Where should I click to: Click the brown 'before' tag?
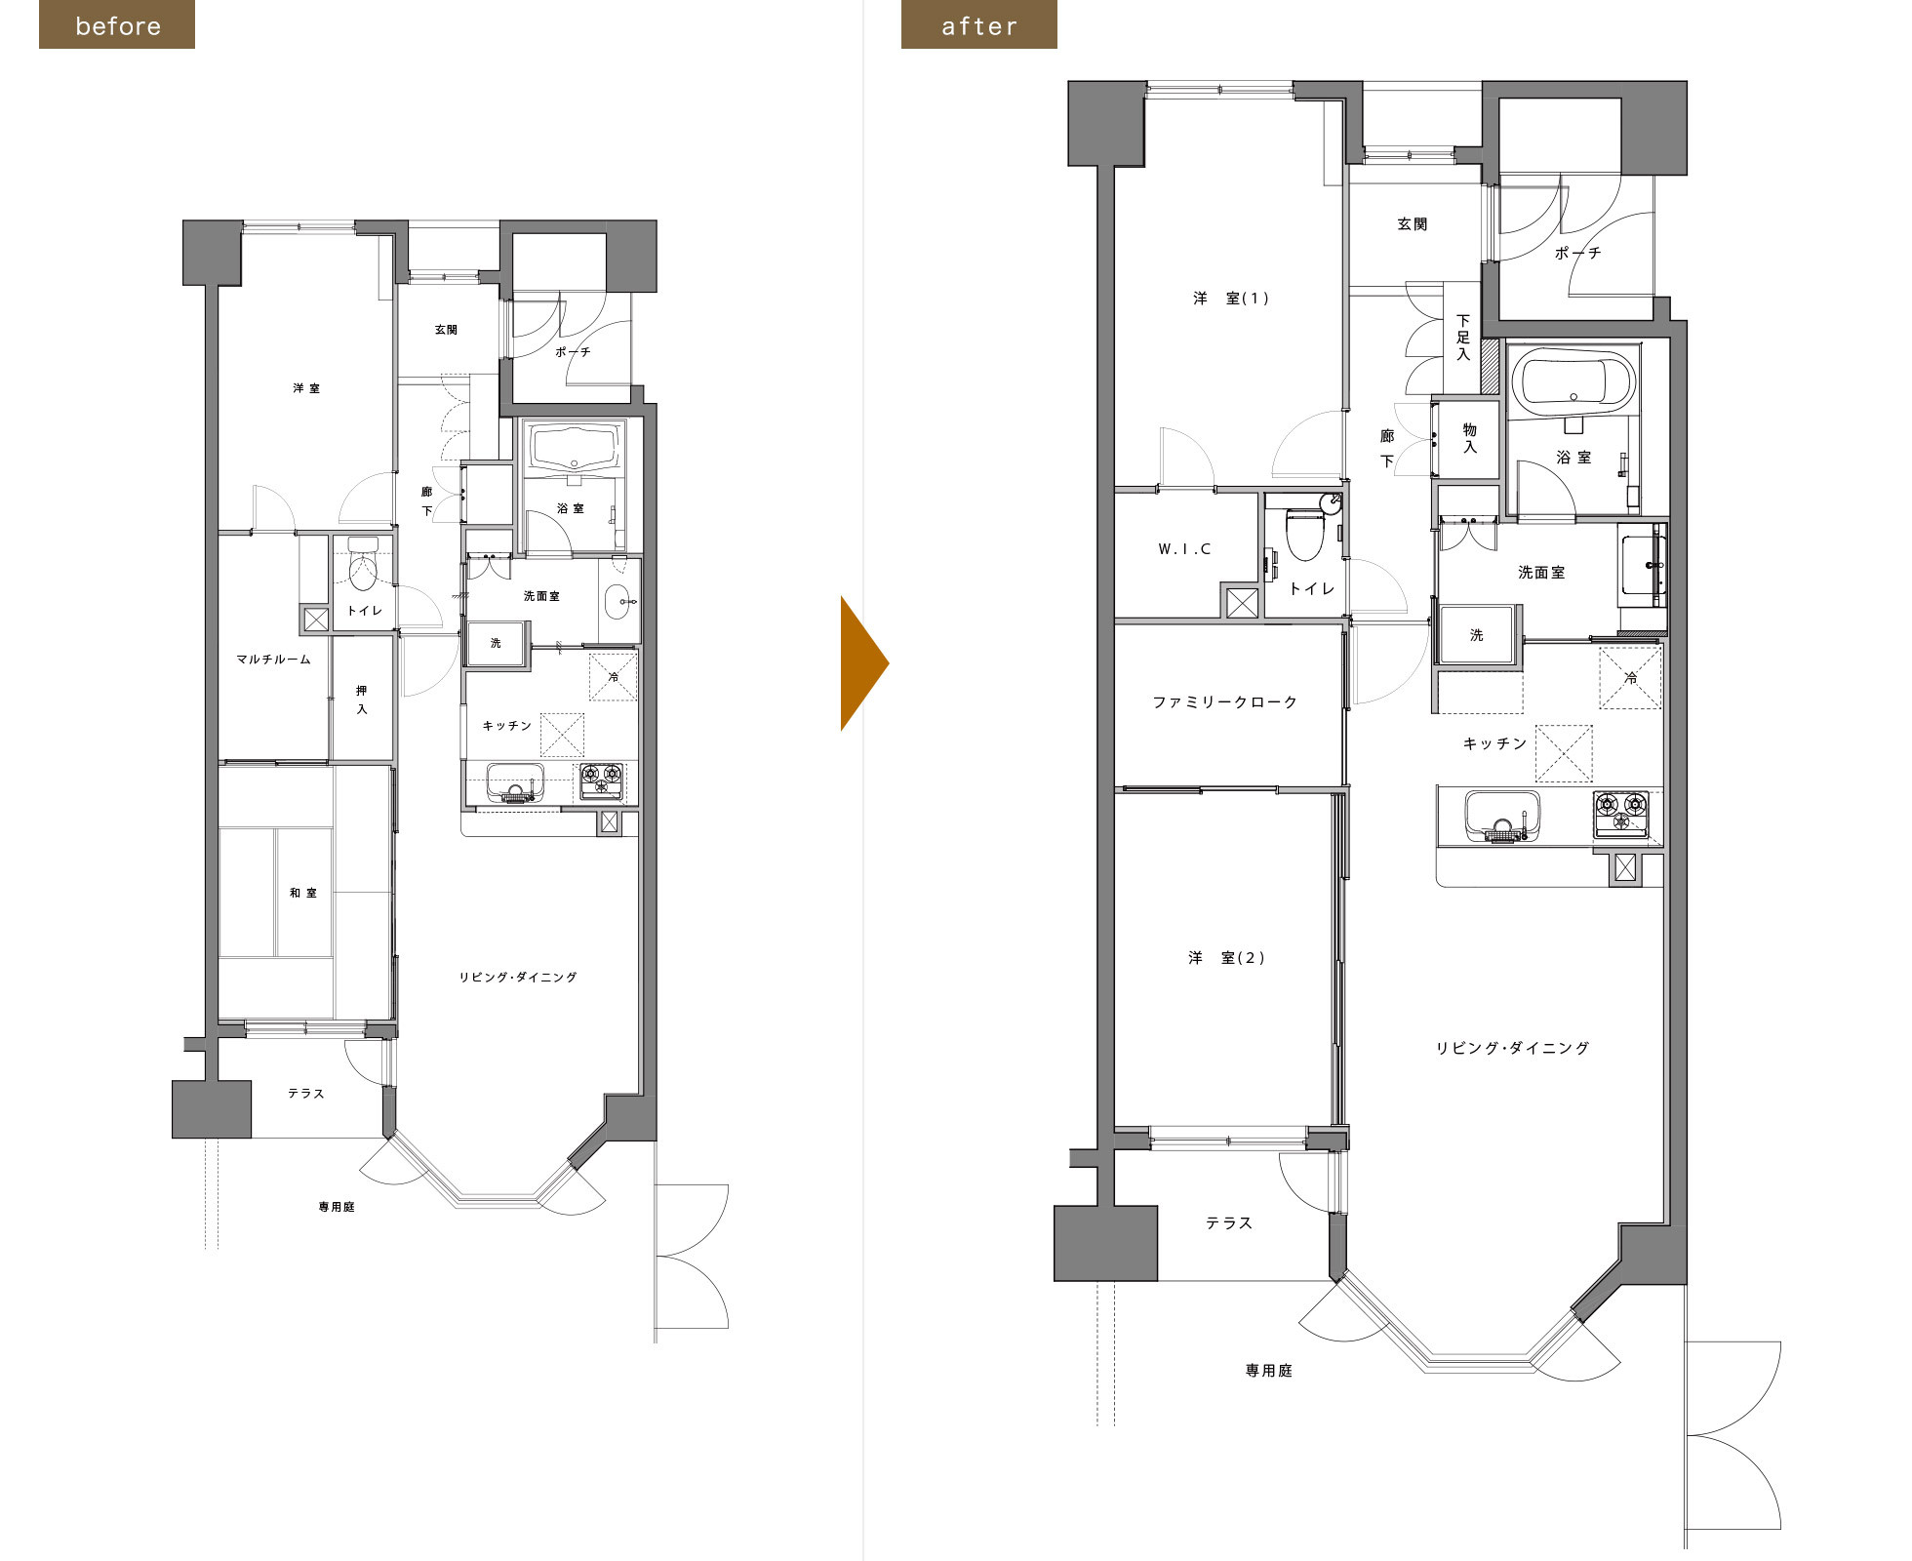point(117,25)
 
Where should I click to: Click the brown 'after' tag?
point(979,25)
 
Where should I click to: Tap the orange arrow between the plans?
point(864,663)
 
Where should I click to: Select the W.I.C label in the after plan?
point(1185,549)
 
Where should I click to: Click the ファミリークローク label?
point(1225,701)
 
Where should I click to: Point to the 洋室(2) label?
point(1226,958)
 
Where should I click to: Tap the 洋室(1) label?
point(1231,299)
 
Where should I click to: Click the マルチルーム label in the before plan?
point(273,660)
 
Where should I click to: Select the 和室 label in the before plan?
point(302,893)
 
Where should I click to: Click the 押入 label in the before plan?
point(362,700)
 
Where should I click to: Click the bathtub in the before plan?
point(575,448)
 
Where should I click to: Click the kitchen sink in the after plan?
point(1502,816)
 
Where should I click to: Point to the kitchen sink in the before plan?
point(515,782)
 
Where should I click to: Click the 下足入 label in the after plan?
point(1462,337)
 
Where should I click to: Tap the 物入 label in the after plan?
point(1469,438)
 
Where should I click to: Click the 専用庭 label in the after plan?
point(1268,1371)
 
